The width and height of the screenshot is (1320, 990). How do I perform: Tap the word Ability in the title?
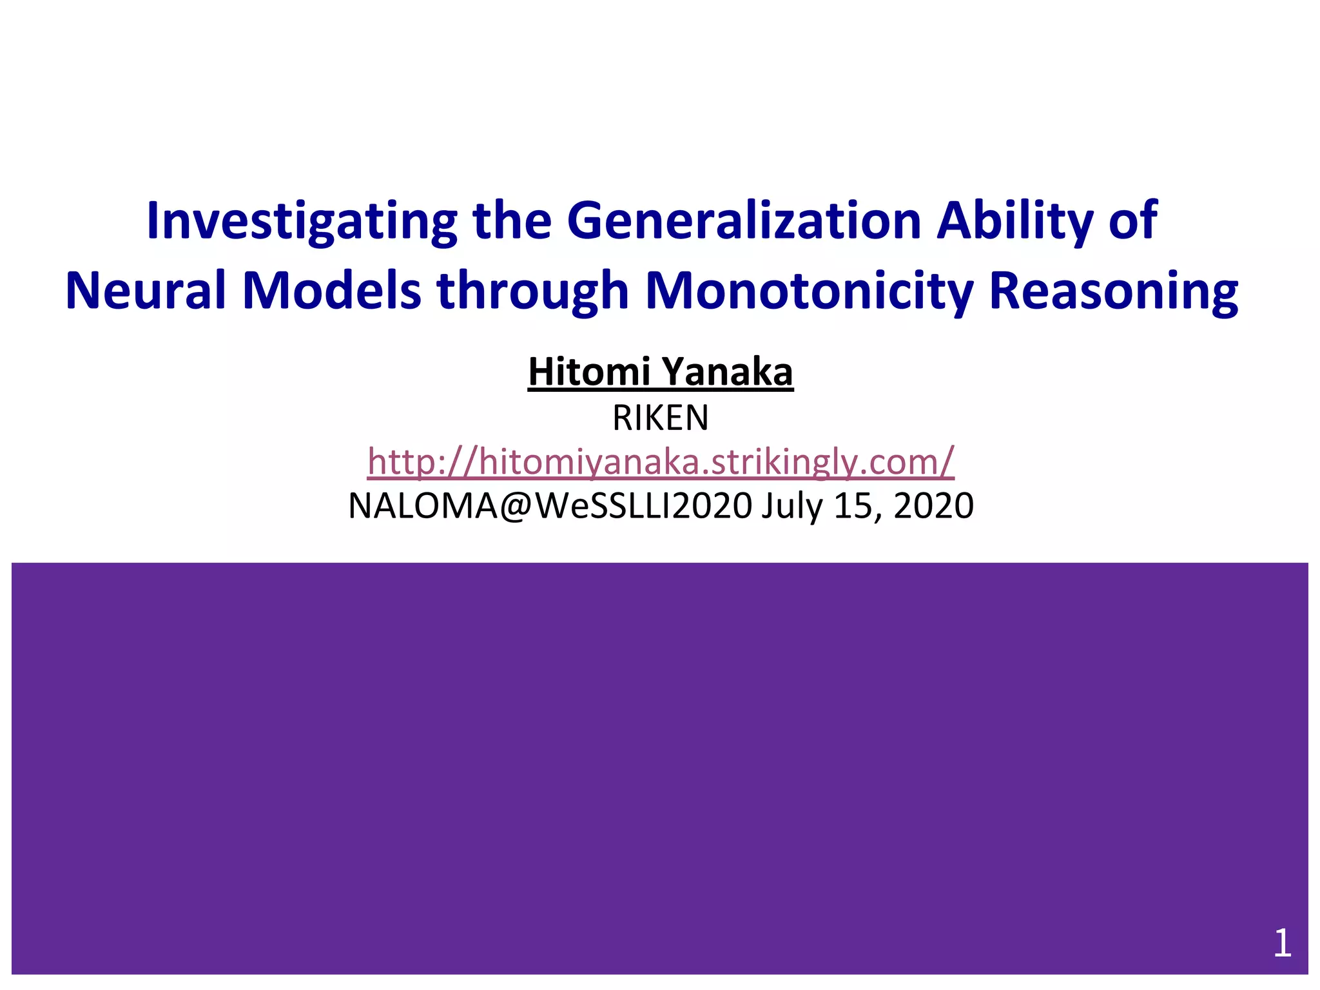1014,221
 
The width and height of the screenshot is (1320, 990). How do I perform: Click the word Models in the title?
331,291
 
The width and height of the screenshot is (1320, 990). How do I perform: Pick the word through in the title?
532,291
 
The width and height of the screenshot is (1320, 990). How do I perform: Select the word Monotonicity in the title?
809,291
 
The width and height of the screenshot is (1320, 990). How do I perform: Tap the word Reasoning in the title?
1113,291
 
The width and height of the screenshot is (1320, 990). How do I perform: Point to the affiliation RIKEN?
660,418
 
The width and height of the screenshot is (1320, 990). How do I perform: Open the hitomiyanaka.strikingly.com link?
660,461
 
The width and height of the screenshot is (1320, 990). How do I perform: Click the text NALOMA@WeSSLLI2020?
550,506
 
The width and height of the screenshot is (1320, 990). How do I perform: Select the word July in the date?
792,506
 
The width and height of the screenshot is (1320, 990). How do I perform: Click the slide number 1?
1282,944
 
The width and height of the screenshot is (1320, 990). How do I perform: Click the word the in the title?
512,221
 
